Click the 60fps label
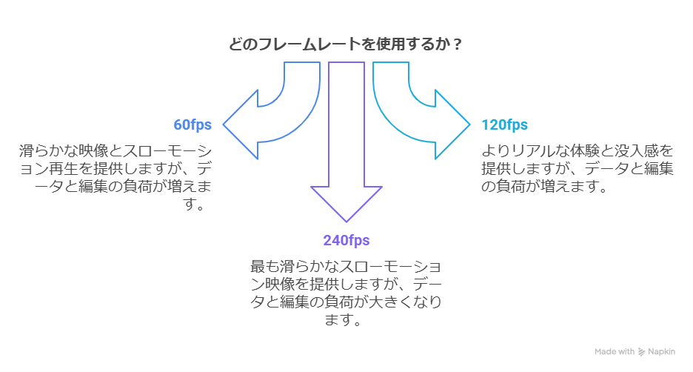pyautogui.click(x=192, y=124)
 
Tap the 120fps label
pyautogui.click(x=504, y=124)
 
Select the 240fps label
pyautogui.click(x=346, y=240)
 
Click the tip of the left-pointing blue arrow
pyautogui.click(x=224, y=124)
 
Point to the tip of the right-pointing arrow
pyautogui.click(x=469, y=124)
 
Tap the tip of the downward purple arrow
pyautogui.click(x=346, y=221)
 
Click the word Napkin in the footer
pyautogui.click(x=661, y=351)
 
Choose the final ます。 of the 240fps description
pyautogui.click(x=346, y=321)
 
